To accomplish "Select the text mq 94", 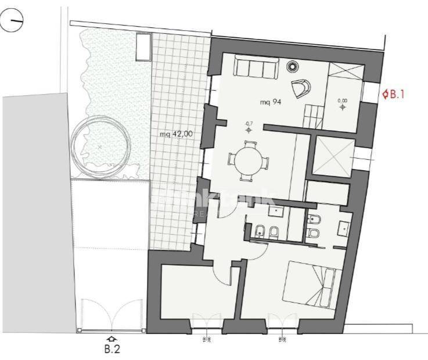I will tap(271, 102).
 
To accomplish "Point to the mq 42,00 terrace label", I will tap(177, 134).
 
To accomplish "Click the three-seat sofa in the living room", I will tap(255, 69).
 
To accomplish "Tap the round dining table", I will tap(249, 159).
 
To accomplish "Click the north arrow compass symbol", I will tap(13, 23).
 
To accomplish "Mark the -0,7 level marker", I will tap(249, 127).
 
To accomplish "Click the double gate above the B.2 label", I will tap(112, 315).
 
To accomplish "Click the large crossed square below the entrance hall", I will tap(332, 155).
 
